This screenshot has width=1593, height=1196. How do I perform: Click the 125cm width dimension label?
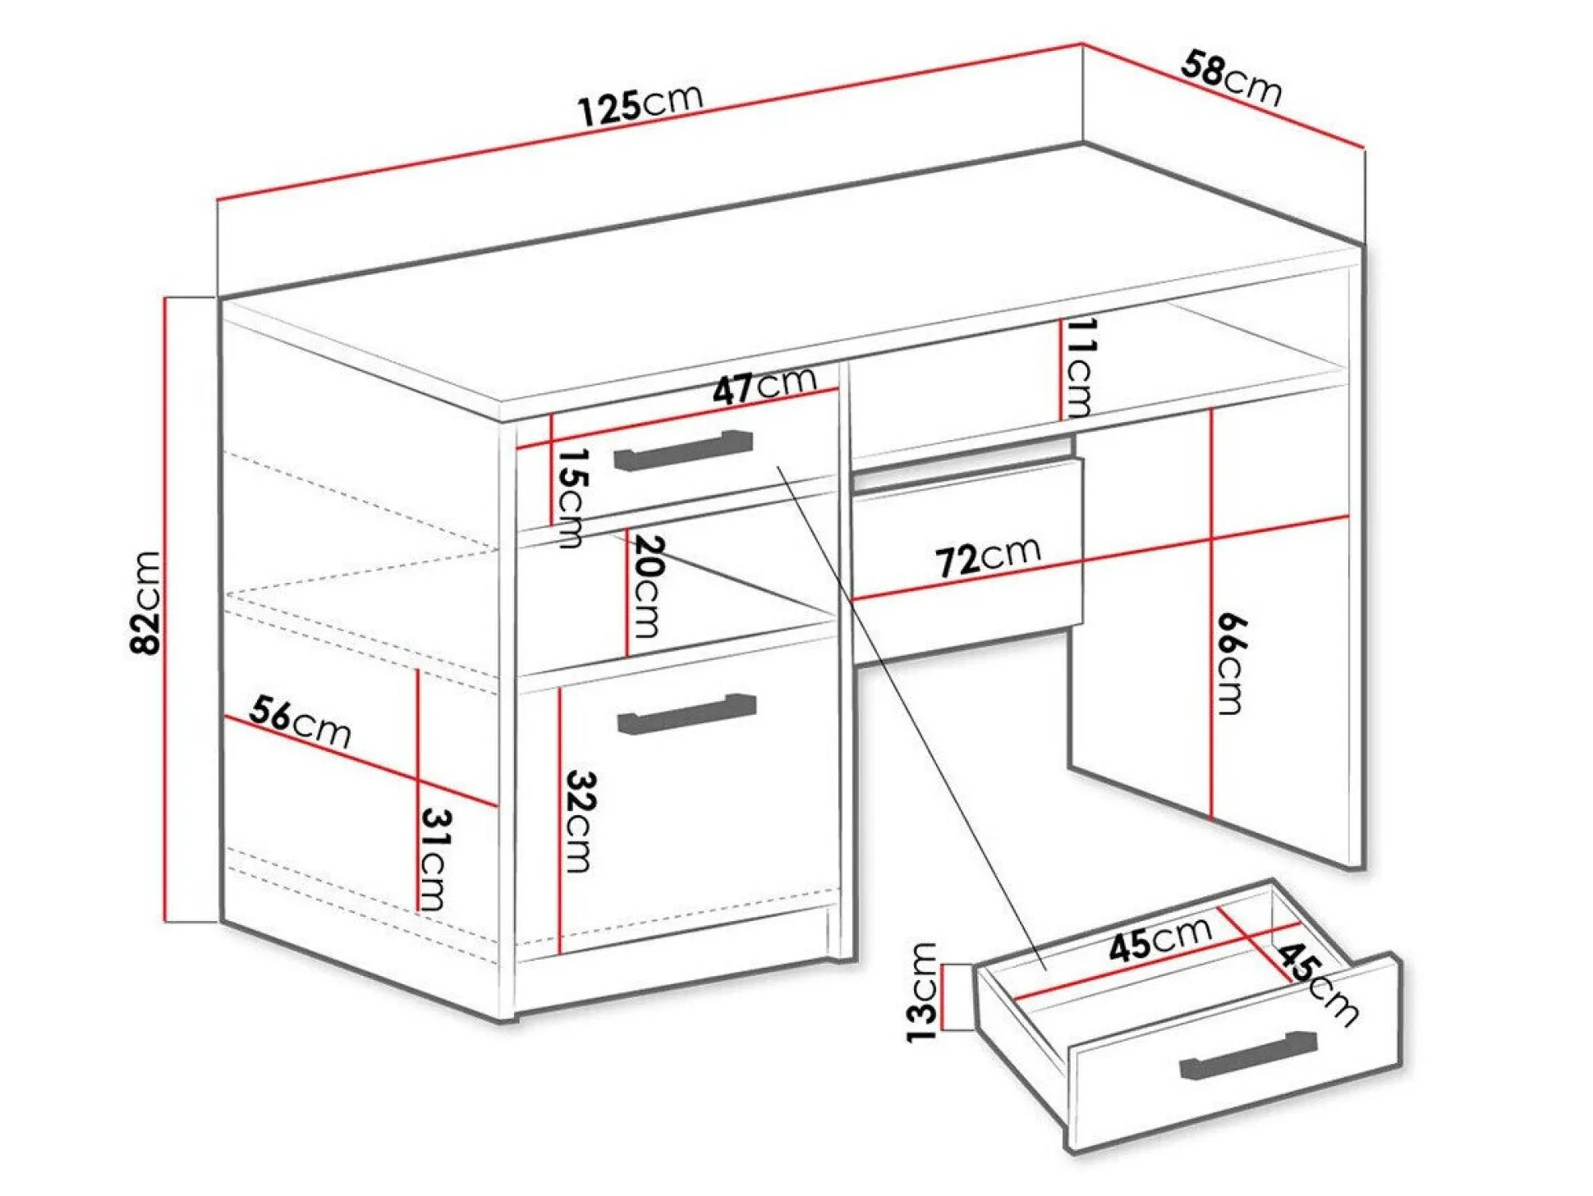(x=640, y=105)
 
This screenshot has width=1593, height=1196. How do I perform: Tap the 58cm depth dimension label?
(x=1231, y=79)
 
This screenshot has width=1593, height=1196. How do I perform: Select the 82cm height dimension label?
(x=146, y=603)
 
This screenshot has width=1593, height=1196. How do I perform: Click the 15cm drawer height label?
(x=572, y=497)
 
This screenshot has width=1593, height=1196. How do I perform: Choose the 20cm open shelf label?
(x=646, y=586)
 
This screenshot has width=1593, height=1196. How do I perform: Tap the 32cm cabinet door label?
(x=580, y=821)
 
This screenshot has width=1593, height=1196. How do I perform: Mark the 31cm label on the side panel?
(x=436, y=859)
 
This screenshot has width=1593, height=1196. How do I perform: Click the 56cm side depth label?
(x=301, y=722)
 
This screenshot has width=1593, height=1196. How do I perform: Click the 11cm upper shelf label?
(x=1079, y=368)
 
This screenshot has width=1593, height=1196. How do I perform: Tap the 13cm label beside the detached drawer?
(x=921, y=992)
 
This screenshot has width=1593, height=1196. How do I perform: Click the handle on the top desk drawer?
(x=683, y=450)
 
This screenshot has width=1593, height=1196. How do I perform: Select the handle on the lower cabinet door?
(x=686, y=713)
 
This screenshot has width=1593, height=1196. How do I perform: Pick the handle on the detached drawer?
(x=1248, y=1055)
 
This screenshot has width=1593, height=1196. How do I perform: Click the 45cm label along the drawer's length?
(x=1159, y=938)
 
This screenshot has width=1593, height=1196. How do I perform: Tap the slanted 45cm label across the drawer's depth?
(x=1316, y=983)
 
